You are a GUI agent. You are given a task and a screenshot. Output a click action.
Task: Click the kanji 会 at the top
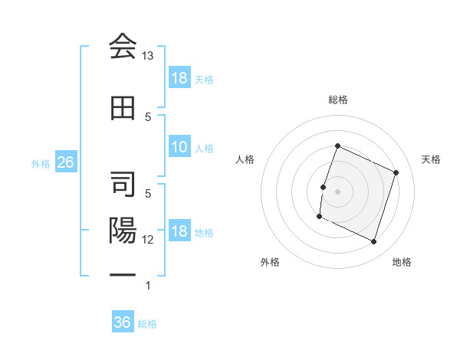coord(122,47)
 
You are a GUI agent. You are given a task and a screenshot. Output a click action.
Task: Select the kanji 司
coord(122,185)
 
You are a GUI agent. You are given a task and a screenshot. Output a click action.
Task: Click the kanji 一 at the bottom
coord(122,275)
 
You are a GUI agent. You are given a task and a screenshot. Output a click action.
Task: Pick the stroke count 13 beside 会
coord(148,56)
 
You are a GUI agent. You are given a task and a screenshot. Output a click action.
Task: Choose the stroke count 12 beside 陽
coord(148,240)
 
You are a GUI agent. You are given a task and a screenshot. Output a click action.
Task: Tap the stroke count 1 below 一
coord(148,286)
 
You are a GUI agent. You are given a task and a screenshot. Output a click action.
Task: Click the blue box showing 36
coord(123,322)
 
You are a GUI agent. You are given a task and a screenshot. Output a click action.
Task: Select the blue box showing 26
coord(65,162)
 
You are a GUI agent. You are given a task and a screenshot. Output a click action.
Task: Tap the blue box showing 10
coord(179,148)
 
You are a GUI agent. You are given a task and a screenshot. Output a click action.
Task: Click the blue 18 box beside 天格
coord(179,78)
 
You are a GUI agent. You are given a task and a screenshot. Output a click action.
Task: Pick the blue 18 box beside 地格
coord(179,232)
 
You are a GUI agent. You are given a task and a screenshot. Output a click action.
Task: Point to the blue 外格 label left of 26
coord(41,163)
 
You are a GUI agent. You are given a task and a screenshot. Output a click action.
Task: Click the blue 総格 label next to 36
coord(147,324)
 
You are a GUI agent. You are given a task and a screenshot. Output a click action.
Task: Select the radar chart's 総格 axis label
coord(338,100)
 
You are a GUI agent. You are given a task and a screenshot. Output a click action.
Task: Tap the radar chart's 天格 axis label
coord(432,159)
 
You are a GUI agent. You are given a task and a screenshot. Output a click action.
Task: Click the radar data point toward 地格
coord(374,242)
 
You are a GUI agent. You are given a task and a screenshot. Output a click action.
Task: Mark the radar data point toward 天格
coord(396,172)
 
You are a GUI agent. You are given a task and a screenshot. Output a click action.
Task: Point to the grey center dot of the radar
coord(337,191)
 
